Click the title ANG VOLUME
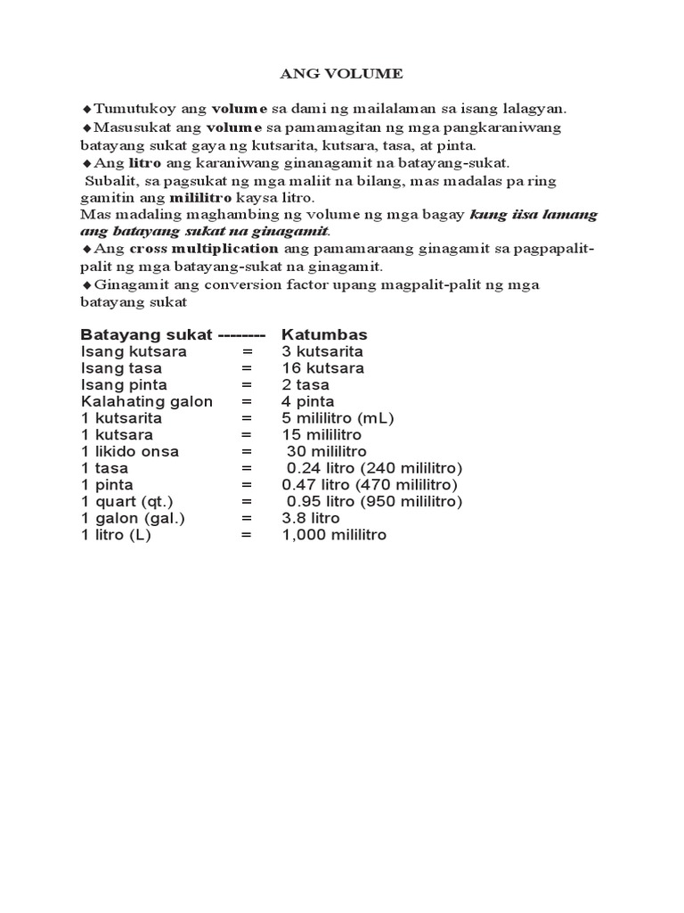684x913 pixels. (x=341, y=74)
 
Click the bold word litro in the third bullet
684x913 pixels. (x=144, y=163)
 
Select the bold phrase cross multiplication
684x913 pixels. (x=204, y=248)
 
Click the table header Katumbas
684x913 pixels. (x=324, y=334)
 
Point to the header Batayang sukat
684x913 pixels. (x=146, y=334)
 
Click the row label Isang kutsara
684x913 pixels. (x=134, y=351)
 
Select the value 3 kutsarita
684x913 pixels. (x=322, y=351)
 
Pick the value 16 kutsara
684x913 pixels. (x=322, y=368)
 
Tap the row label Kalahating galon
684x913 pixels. (x=147, y=401)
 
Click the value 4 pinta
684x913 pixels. (x=307, y=401)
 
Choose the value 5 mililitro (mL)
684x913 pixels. (x=338, y=418)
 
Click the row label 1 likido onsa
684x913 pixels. (x=130, y=451)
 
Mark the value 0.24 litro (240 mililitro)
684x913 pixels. (x=374, y=468)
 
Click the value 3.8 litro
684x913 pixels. (x=311, y=518)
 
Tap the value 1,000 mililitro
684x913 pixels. (x=334, y=535)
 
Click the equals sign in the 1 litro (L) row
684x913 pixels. (x=247, y=535)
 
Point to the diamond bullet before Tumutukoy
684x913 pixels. (x=86, y=109)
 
